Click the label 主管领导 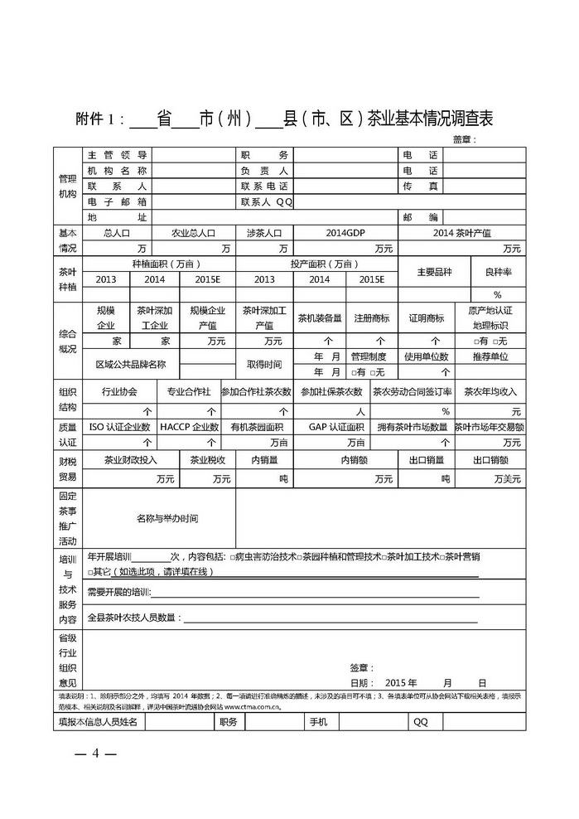117,155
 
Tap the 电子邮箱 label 117,201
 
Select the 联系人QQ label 267,201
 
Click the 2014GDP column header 346,234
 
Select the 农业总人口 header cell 193,234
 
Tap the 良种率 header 498,271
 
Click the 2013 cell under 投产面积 264,279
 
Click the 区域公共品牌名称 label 131,364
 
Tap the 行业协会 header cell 118,391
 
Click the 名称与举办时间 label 167,518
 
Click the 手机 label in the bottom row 319,722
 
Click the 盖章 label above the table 465,138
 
